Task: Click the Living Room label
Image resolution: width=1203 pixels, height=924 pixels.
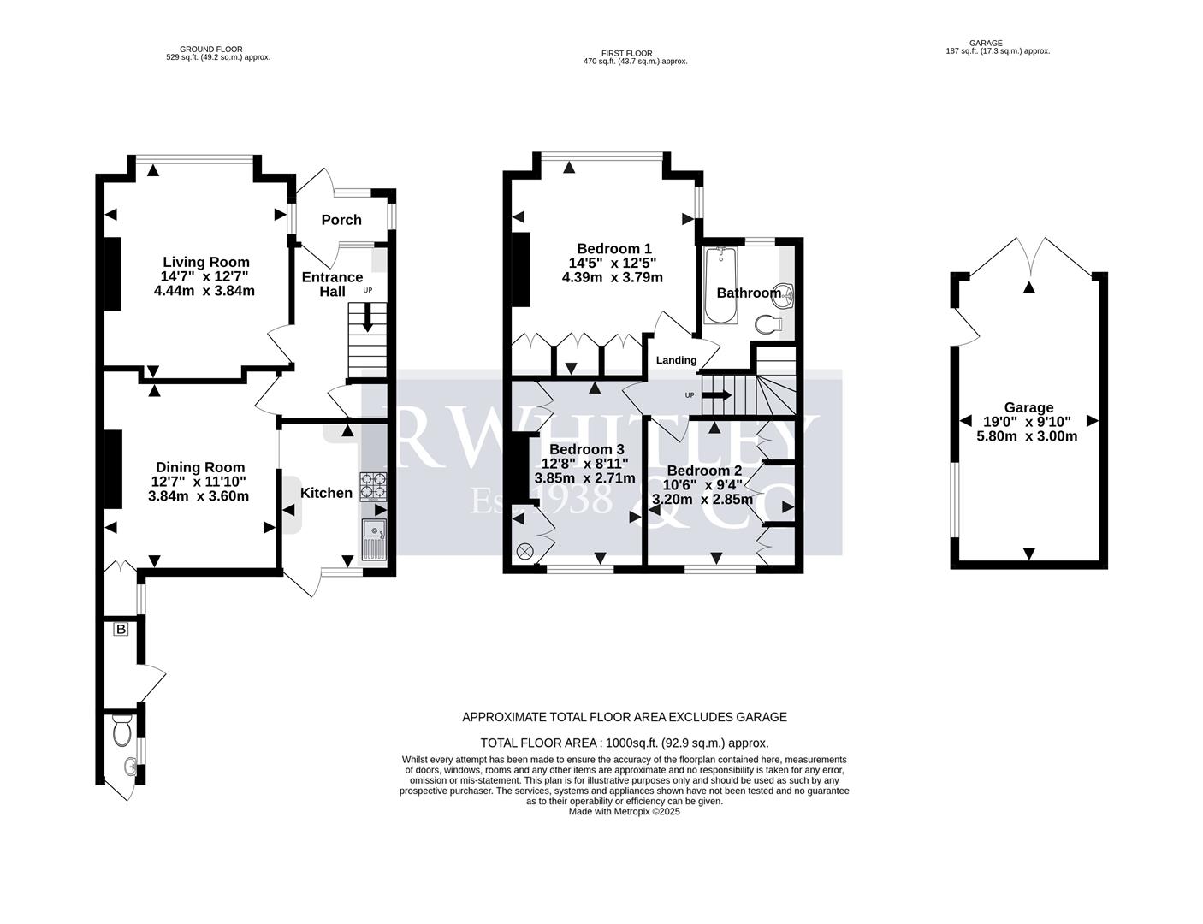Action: (x=206, y=263)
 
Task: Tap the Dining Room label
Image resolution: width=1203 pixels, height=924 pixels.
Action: (x=200, y=467)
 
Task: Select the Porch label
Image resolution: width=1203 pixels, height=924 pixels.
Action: (x=341, y=220)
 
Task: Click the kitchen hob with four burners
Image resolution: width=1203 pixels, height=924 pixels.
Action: (x=373, y=486)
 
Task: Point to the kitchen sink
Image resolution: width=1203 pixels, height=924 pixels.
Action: (x=375, y=540)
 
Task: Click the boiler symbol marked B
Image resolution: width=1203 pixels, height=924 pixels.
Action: (x=121, y=630)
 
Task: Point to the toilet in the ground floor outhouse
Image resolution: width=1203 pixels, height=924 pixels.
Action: (x=121, y=731)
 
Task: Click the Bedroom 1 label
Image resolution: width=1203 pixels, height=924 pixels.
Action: (x=612, y=248)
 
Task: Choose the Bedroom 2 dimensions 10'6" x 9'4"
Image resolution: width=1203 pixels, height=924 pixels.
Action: (x=704, y=485)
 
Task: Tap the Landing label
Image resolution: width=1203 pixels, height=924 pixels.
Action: (x=676, y=360)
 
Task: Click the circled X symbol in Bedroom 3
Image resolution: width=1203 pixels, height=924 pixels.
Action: (x=524, y=552)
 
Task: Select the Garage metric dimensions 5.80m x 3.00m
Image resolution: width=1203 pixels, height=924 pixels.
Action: (x=1028, y=435)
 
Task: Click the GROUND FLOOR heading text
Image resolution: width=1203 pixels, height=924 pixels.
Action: (x=211, y=50)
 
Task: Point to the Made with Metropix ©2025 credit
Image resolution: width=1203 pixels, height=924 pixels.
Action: (x=624, y=812)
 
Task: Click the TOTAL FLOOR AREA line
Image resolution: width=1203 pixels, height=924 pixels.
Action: (x=624, y=743)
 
